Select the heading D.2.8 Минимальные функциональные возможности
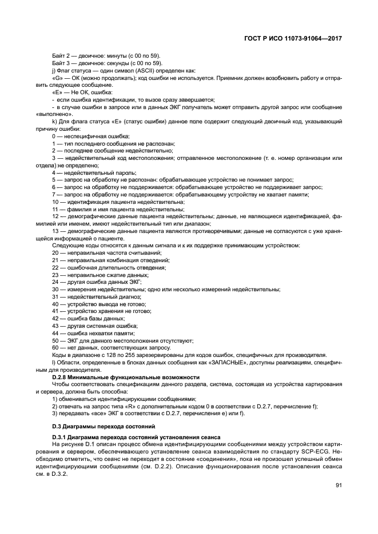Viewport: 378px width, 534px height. pos(125,377)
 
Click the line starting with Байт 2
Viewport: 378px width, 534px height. pos(106,56)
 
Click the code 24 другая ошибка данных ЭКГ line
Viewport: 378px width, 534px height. pos(97,282)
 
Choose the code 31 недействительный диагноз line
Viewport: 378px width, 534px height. pos(97,296)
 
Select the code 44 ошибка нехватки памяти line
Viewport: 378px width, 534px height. pos(93,332)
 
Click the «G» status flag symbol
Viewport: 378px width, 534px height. pos(57,77)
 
